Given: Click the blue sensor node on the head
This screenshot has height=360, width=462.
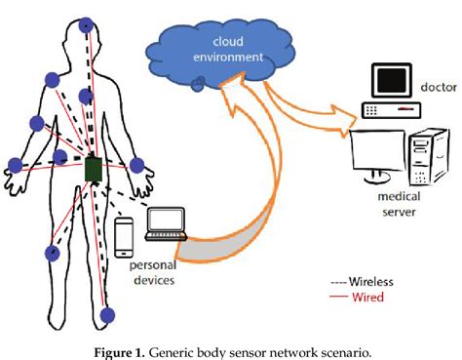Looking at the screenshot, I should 87,23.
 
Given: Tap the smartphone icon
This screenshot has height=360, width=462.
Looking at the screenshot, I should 124,235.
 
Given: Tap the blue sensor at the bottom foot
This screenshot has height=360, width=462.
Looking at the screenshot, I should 108,315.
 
